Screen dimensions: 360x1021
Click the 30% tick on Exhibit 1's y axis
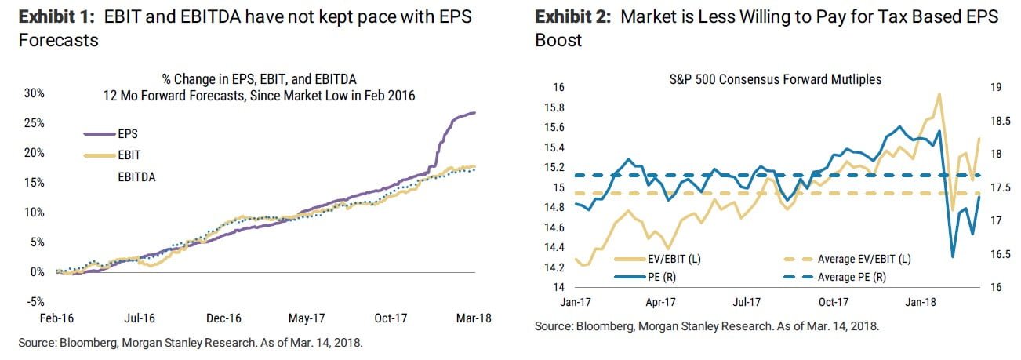pos(34,93)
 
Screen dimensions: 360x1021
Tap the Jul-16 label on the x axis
pos(138,318)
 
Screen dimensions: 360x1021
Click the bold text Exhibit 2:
pos(572,16)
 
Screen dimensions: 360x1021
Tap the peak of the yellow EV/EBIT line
pos(939,94)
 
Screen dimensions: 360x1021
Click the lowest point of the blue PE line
pos(952,256)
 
